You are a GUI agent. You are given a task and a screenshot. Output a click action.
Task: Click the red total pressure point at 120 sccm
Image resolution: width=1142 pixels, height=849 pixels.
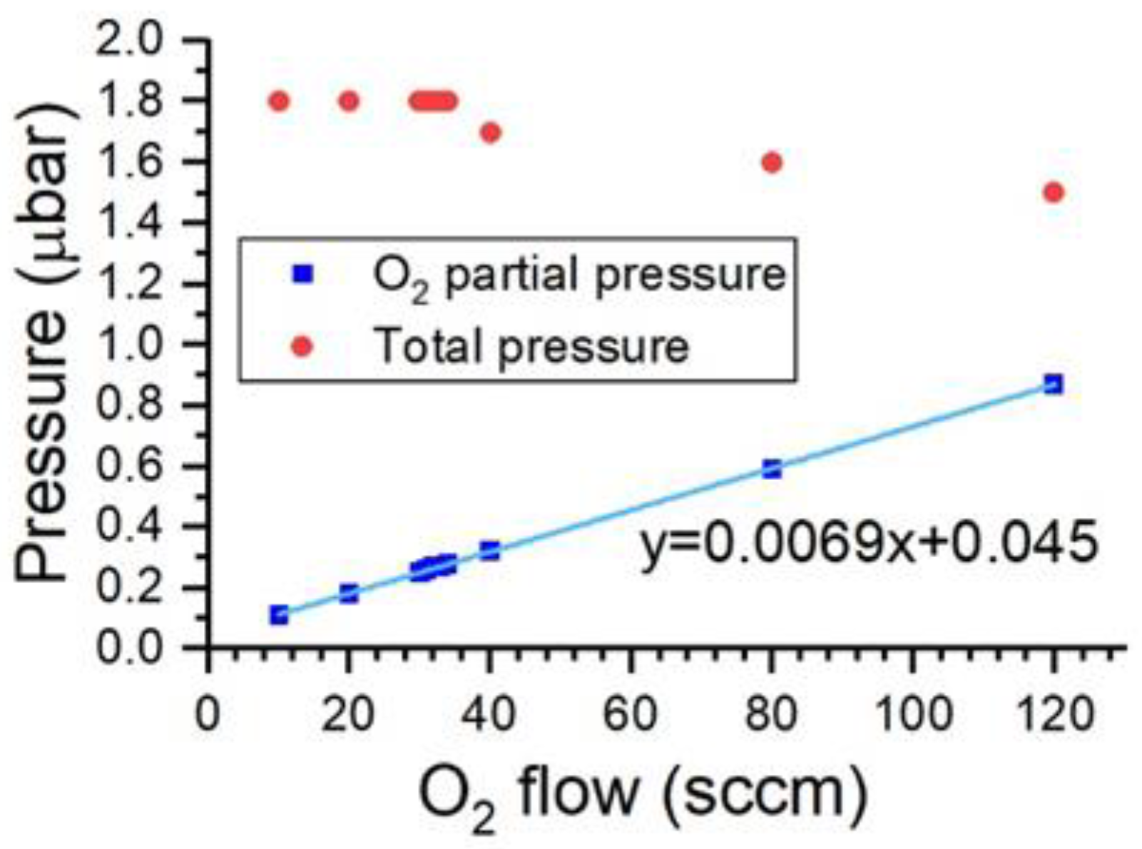click(x=1053, y=193)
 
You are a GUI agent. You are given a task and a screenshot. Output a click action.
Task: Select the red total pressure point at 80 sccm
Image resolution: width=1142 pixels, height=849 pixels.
click(x=772, y=163)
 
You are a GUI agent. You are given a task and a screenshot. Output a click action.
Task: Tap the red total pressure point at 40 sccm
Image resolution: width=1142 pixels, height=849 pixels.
click(x=490, y=133)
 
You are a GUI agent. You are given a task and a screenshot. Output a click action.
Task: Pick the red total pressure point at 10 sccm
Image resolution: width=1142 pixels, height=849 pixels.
click(x=279, y=101)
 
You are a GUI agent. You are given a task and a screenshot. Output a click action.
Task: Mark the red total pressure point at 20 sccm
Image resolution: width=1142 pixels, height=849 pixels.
click(x=349, y=101)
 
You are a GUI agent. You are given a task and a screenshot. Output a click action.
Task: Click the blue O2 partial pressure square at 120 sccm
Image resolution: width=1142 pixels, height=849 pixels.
click(x=1053, y=385)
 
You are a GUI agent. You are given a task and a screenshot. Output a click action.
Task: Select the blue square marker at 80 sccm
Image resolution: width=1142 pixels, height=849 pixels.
click(x=772, y=469)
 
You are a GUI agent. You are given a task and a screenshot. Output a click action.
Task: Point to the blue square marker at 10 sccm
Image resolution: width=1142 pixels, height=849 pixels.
click(x=279, y=615)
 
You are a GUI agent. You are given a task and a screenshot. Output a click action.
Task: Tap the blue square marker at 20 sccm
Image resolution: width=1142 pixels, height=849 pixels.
click(x=349, y=594)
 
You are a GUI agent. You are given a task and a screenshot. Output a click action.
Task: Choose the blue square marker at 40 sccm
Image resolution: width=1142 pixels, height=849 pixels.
click(x=490, y=551)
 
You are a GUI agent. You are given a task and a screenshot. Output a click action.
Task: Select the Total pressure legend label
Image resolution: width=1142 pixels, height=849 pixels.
click(x=532, y=347)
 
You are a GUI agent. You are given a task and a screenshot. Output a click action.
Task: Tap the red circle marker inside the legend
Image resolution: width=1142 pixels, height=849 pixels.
click(x=303, y=347)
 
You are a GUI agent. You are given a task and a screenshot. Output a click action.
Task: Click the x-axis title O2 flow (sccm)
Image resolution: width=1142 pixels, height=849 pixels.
click(x=642, y=795)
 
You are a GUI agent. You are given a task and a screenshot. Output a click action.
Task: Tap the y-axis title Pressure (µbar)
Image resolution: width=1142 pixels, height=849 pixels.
click(x=46, y=342)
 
